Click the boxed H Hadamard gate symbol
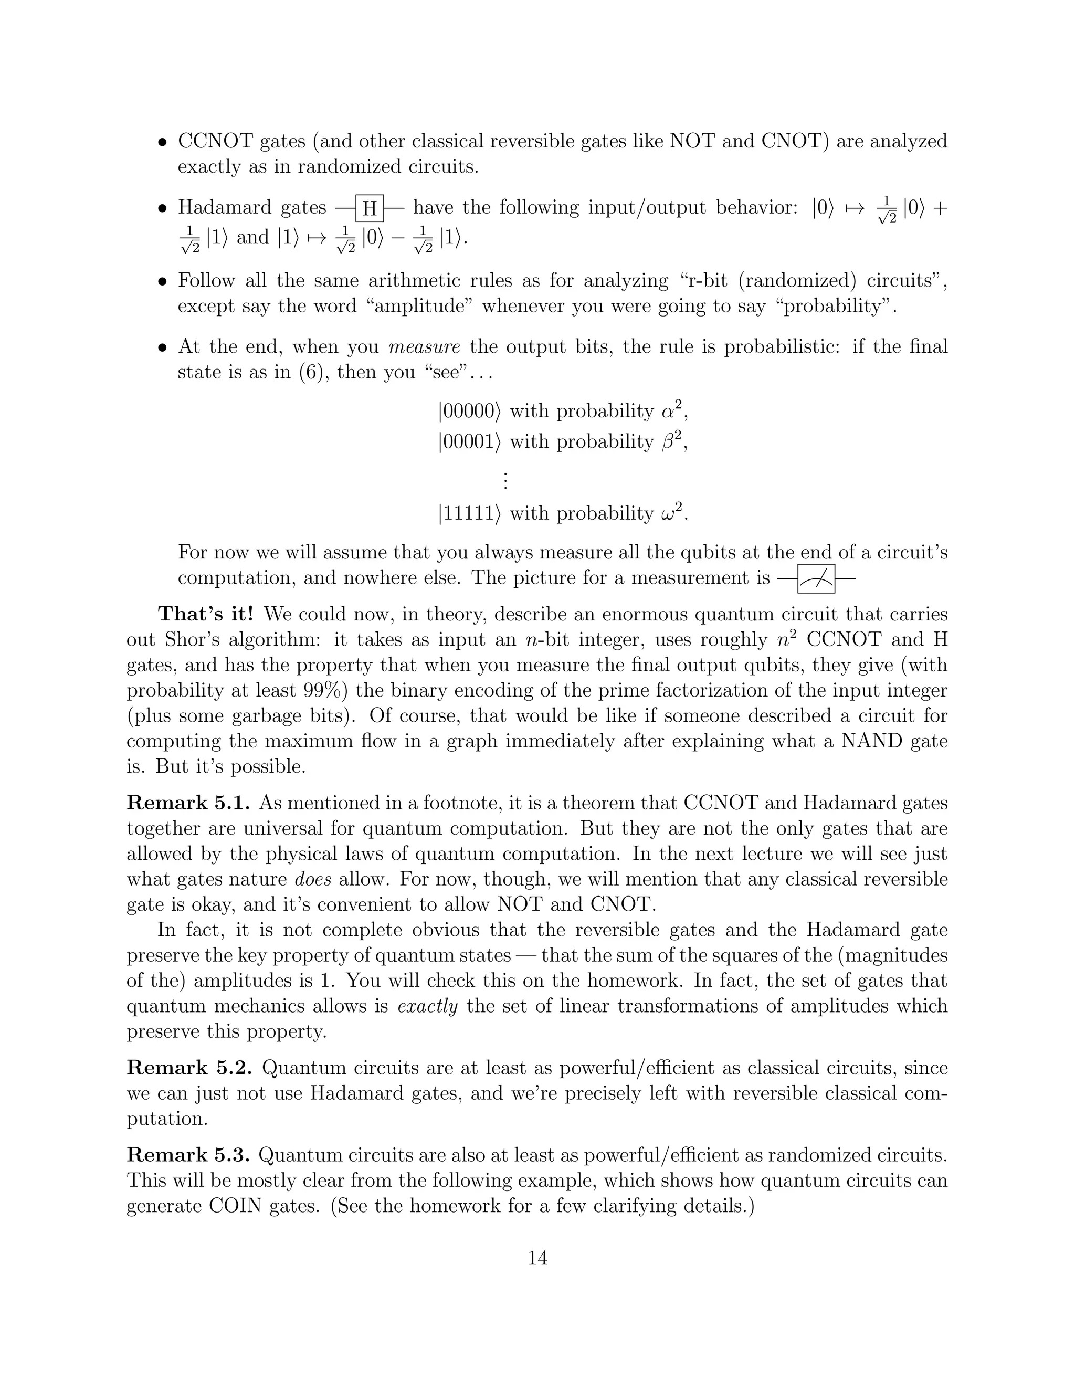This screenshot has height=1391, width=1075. (370, 208)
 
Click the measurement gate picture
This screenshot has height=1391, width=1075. (816, 578)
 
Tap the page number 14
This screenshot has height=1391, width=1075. (537, 1258)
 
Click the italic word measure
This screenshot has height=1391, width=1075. (424, 346)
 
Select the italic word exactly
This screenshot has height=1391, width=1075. (427, 1006)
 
